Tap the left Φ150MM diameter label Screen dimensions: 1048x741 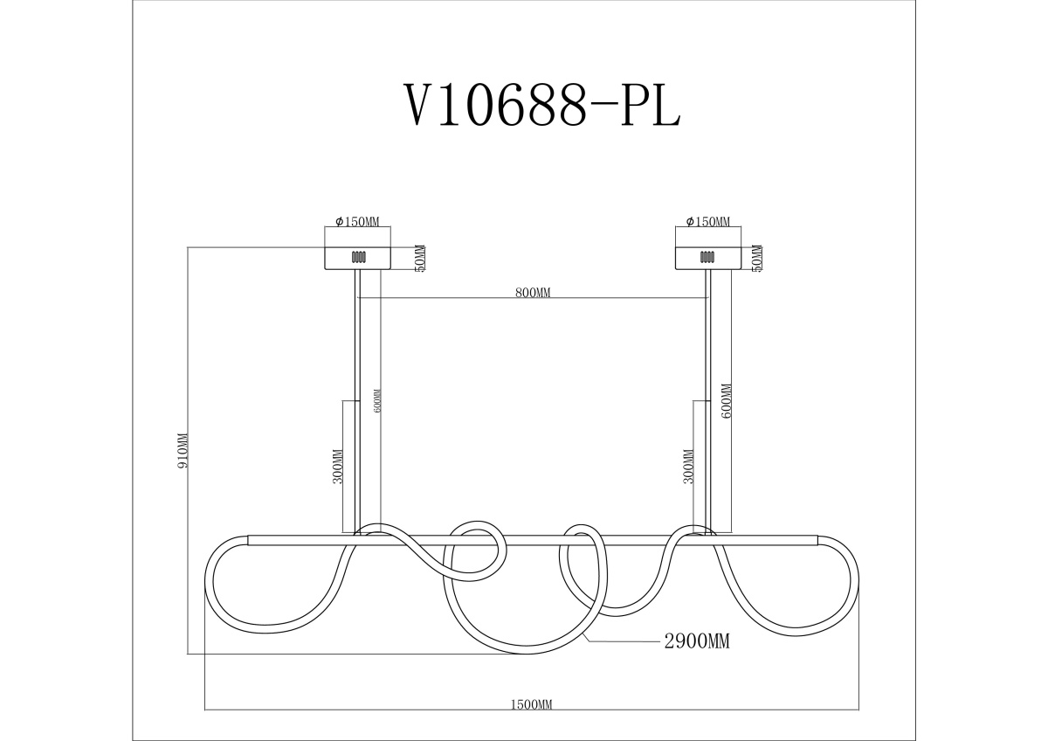(357, 221)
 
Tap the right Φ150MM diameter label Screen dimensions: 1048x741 (708, 221)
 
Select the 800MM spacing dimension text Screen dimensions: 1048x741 (533, 293)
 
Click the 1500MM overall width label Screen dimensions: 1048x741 (531, 717)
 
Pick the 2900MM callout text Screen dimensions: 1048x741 (697, 641)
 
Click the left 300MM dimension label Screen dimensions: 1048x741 (338, 467)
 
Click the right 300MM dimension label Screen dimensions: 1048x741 (689, 467)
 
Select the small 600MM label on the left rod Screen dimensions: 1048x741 (378, 401)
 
